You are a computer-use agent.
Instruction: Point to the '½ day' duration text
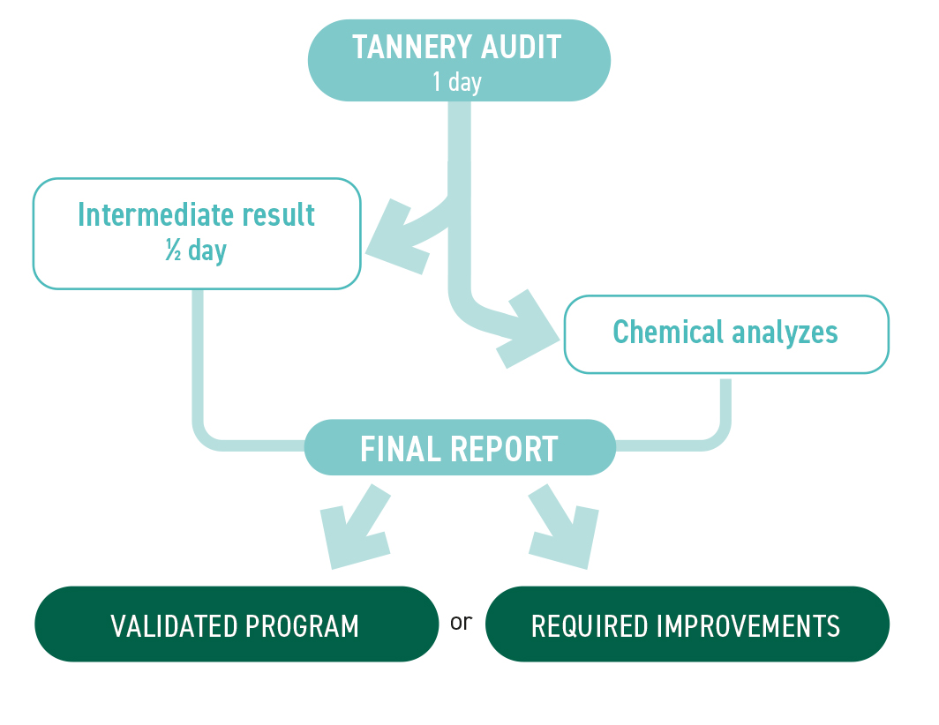pos(196,251)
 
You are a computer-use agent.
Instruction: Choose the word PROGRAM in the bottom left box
pos(303,626)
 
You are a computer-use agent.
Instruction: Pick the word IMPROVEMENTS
pos(749,626)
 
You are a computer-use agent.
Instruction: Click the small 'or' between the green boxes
pos(462,622)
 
